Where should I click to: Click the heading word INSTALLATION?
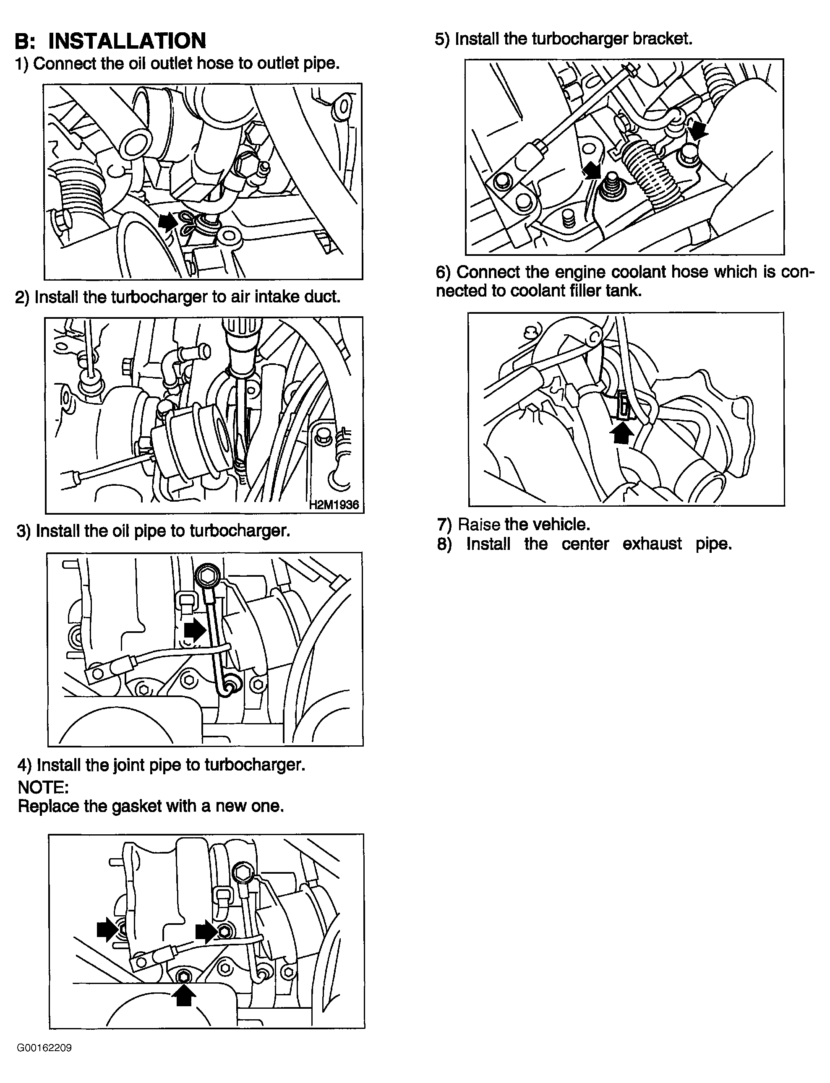[x=127, y=41]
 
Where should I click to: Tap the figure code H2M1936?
[x=334, y=505]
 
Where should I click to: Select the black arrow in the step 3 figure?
[x=195, y=631]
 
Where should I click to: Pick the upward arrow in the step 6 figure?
[x=621, y=434]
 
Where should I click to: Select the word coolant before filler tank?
[x=538, y=291]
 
